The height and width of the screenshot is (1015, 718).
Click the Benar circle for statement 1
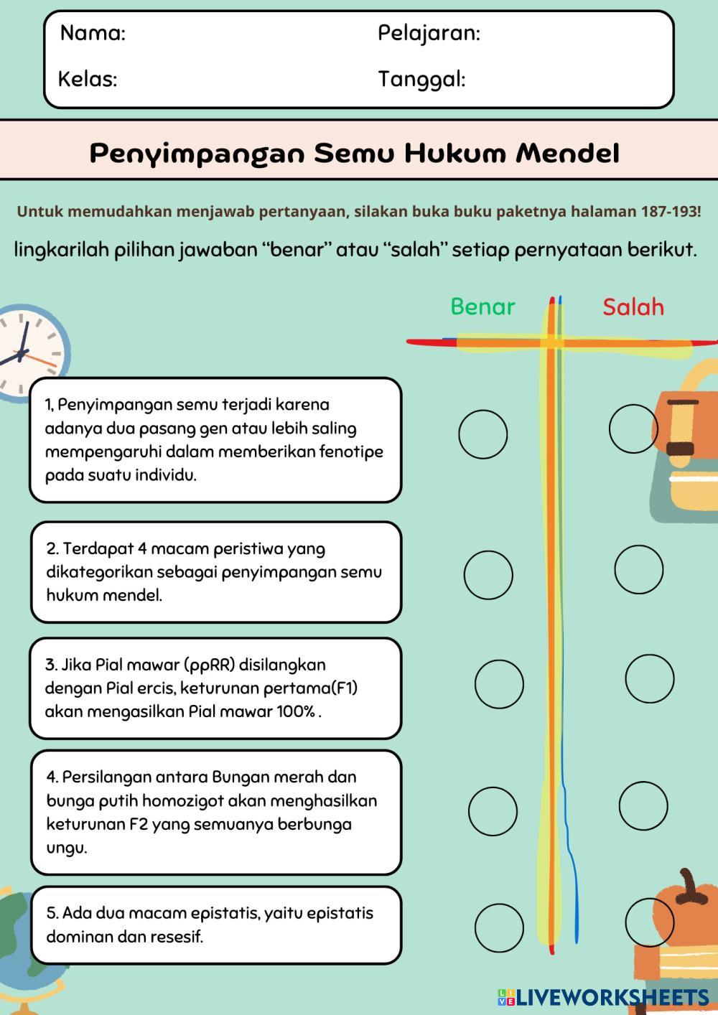tap(483, 434)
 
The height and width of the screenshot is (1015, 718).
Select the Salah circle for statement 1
tap(633, 429)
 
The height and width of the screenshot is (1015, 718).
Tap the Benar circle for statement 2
tap(488, 575)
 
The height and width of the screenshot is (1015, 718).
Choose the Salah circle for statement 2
tap(638, 569)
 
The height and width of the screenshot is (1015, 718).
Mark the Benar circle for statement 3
tap(499, 684)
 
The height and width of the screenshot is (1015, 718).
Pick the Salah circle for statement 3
tap(649, 678)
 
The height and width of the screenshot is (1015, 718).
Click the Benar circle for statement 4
tap(493, 811)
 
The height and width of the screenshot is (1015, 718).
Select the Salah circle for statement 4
tap(643, 806)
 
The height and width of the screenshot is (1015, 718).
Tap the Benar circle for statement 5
tap(499, 928)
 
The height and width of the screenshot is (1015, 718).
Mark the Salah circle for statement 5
tap(649, 922)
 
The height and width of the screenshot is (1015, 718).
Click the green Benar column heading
tap(482, 307)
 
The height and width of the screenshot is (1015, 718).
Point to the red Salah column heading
tap(633, 307)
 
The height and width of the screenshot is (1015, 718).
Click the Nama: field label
tap(93, 33)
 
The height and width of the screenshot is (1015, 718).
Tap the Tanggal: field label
tap(421, 79)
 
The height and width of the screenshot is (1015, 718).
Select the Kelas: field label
tap(88, 79)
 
